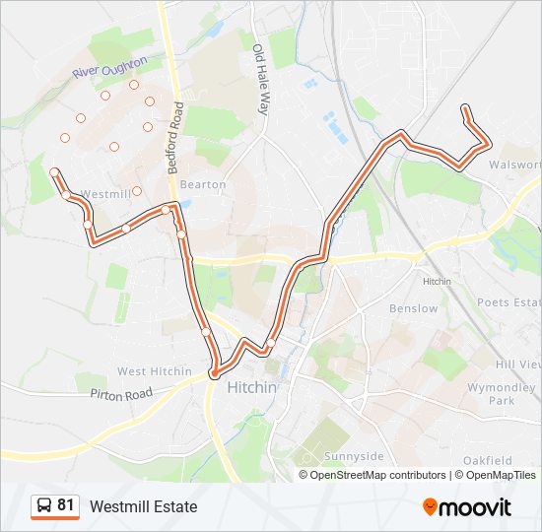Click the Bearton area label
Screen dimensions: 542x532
tap(203, 184)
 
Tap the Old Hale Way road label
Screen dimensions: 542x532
tap(261, 80)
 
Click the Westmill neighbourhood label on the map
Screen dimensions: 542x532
tap(105, 194)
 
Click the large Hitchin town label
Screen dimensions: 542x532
tap(251, 388)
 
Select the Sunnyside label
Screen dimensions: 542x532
tap(354, 457)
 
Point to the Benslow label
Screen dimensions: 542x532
tap(414, 308)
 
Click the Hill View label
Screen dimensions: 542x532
tap(518, 364)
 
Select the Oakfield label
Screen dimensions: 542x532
tap(488, 460)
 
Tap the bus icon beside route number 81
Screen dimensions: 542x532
tap(44, 506)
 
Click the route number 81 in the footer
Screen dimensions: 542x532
tap(66, 505)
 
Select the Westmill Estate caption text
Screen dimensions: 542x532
tap(143, 506)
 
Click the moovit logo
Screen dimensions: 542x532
tap(467, 506)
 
